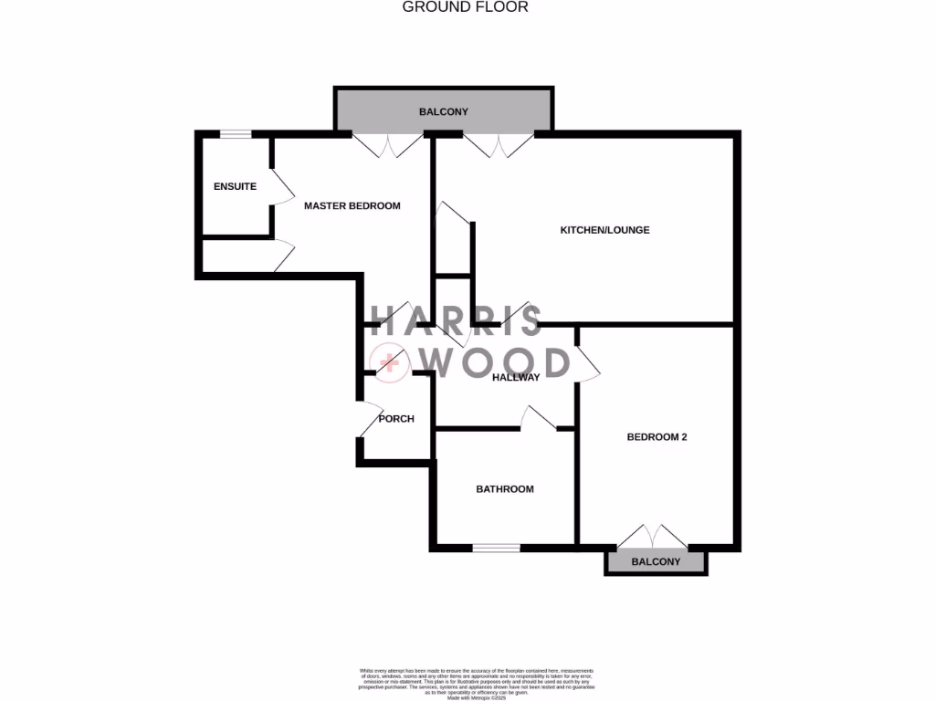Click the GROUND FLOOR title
tap(466, 7)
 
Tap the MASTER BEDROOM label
tap(352, 205)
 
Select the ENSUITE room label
tap(235, 186)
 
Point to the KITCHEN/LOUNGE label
tap(604, 230)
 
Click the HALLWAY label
tap(516, 377)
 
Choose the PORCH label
tap(396, 419)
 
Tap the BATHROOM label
tap(504, 489)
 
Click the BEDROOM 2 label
tap(657, 437)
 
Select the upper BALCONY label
tap(443, 111)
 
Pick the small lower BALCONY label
tap(657, 562)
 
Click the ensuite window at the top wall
tap(236, 135)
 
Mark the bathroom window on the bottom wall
tap(496, 548)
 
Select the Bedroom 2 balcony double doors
tap(656, 536)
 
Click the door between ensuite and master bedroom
tap(282, 185)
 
